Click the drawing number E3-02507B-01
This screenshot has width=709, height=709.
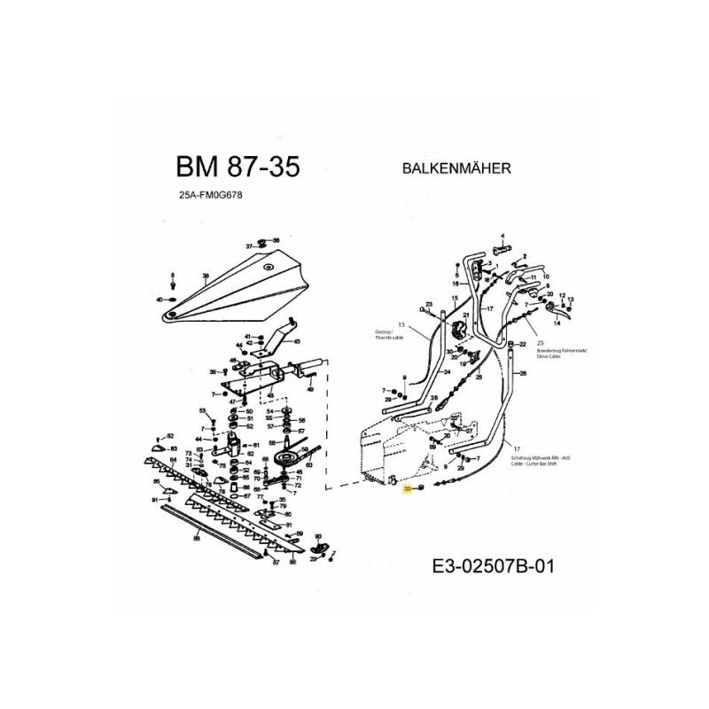492,565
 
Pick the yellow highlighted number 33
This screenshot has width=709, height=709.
408,488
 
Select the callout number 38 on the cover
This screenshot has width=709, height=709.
205,277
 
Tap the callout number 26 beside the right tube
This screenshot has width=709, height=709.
523,374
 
